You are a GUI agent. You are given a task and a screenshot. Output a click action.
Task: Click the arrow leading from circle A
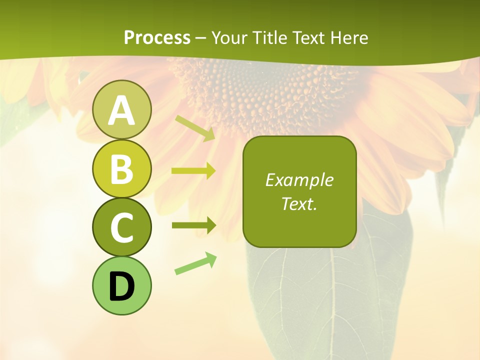click(195, 128)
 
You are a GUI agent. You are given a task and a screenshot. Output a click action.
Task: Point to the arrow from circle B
click(193, 171)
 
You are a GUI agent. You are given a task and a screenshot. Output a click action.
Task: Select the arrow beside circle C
click(193, 225)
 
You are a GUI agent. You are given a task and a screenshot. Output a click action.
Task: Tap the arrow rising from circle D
click(195, 264)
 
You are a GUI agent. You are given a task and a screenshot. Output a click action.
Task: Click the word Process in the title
click(157, 37)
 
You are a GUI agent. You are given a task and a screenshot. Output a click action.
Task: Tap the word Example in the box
click(299, 180)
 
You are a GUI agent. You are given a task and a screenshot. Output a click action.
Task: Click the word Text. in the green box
click(299, 203)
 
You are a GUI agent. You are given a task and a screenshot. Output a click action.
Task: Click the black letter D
click(121, 286)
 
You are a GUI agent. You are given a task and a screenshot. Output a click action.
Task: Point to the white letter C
click(121, 227)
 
